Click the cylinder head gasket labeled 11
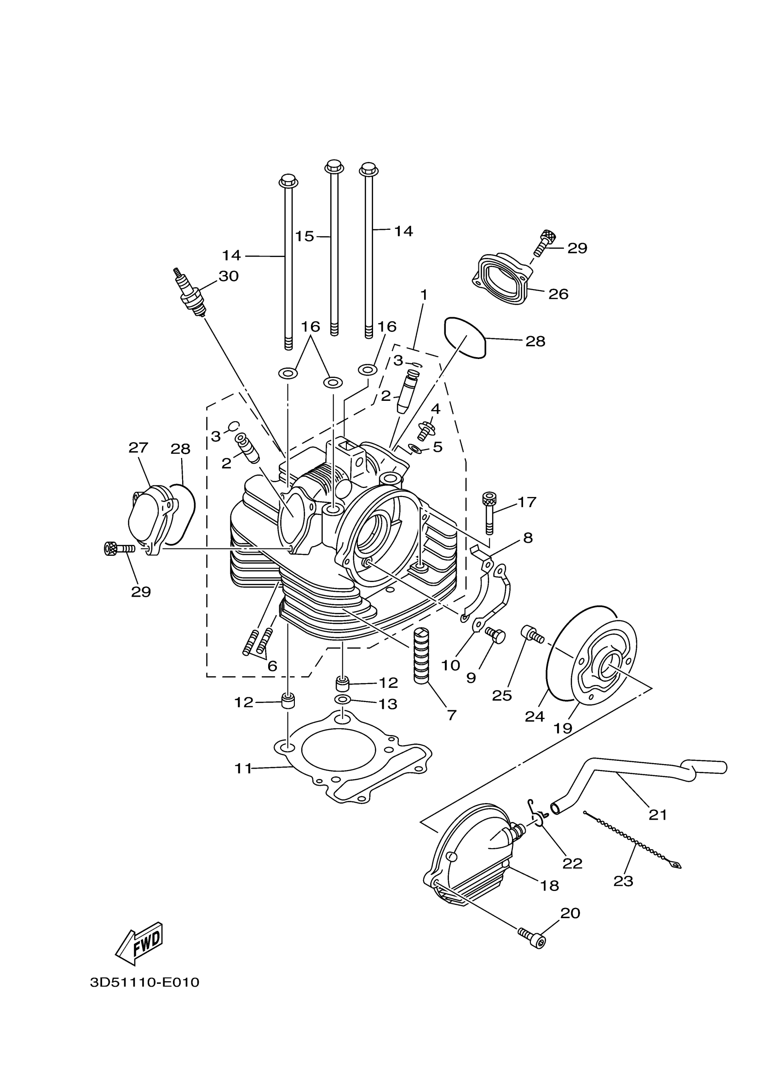(x=352, y=771)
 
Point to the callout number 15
(x=304, y=236)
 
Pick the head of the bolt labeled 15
(x=333, y=167)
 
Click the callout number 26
(x=558, y=294)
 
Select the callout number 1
(x=423, y=296)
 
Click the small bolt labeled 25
(x=532, y=634)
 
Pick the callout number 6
(x=272, y=666)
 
